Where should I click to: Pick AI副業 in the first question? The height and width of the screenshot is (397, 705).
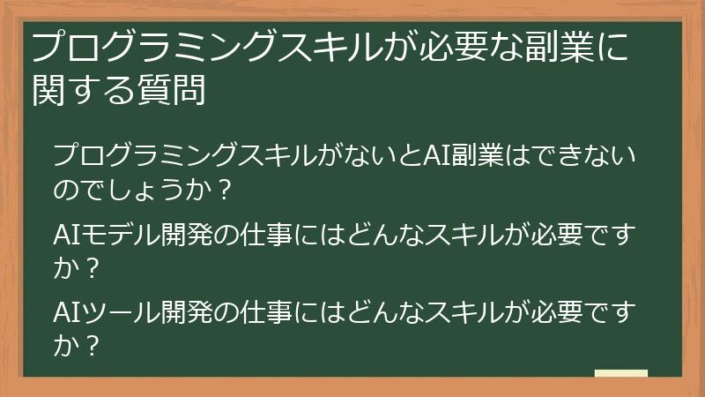[x=464, y=157]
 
